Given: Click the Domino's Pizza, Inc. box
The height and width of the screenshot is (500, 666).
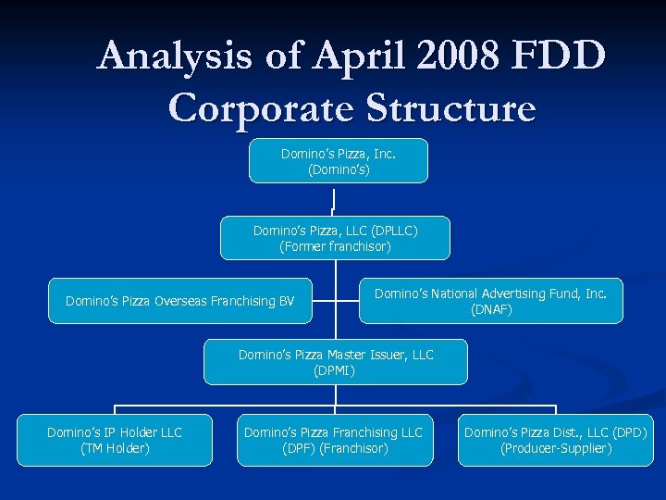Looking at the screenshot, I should click(x=338, y=161).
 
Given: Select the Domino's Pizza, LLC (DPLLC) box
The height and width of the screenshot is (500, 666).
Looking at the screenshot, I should click(x=335, y=238).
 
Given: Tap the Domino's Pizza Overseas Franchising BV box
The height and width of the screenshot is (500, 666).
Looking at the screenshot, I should click(x=179, y=301).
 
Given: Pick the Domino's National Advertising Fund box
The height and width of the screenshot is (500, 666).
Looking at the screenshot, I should click(x=490, y=301).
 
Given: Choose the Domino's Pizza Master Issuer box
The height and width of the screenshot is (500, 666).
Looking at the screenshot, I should click(x=335, y=362).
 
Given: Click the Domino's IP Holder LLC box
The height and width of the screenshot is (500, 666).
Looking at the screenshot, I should click(x=115, y=440).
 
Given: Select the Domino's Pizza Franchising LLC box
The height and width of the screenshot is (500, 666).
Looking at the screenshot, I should click(x=335, y=440).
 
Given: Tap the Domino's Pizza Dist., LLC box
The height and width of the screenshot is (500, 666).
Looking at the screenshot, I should click(x=555, y=440).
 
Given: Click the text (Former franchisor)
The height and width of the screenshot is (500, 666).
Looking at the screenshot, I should click(x=335, y=246).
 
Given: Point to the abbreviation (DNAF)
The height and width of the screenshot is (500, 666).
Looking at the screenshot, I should click(x=490, y=309).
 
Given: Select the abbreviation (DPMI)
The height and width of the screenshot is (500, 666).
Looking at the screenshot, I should click(x=335, y=370).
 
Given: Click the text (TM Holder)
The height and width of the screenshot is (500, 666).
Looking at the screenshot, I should click(x=115, y=448).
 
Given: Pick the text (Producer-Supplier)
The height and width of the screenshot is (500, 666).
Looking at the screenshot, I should click(x=555, y=448).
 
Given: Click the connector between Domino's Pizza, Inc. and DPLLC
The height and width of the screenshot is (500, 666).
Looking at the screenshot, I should click(x=332, y=199).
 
